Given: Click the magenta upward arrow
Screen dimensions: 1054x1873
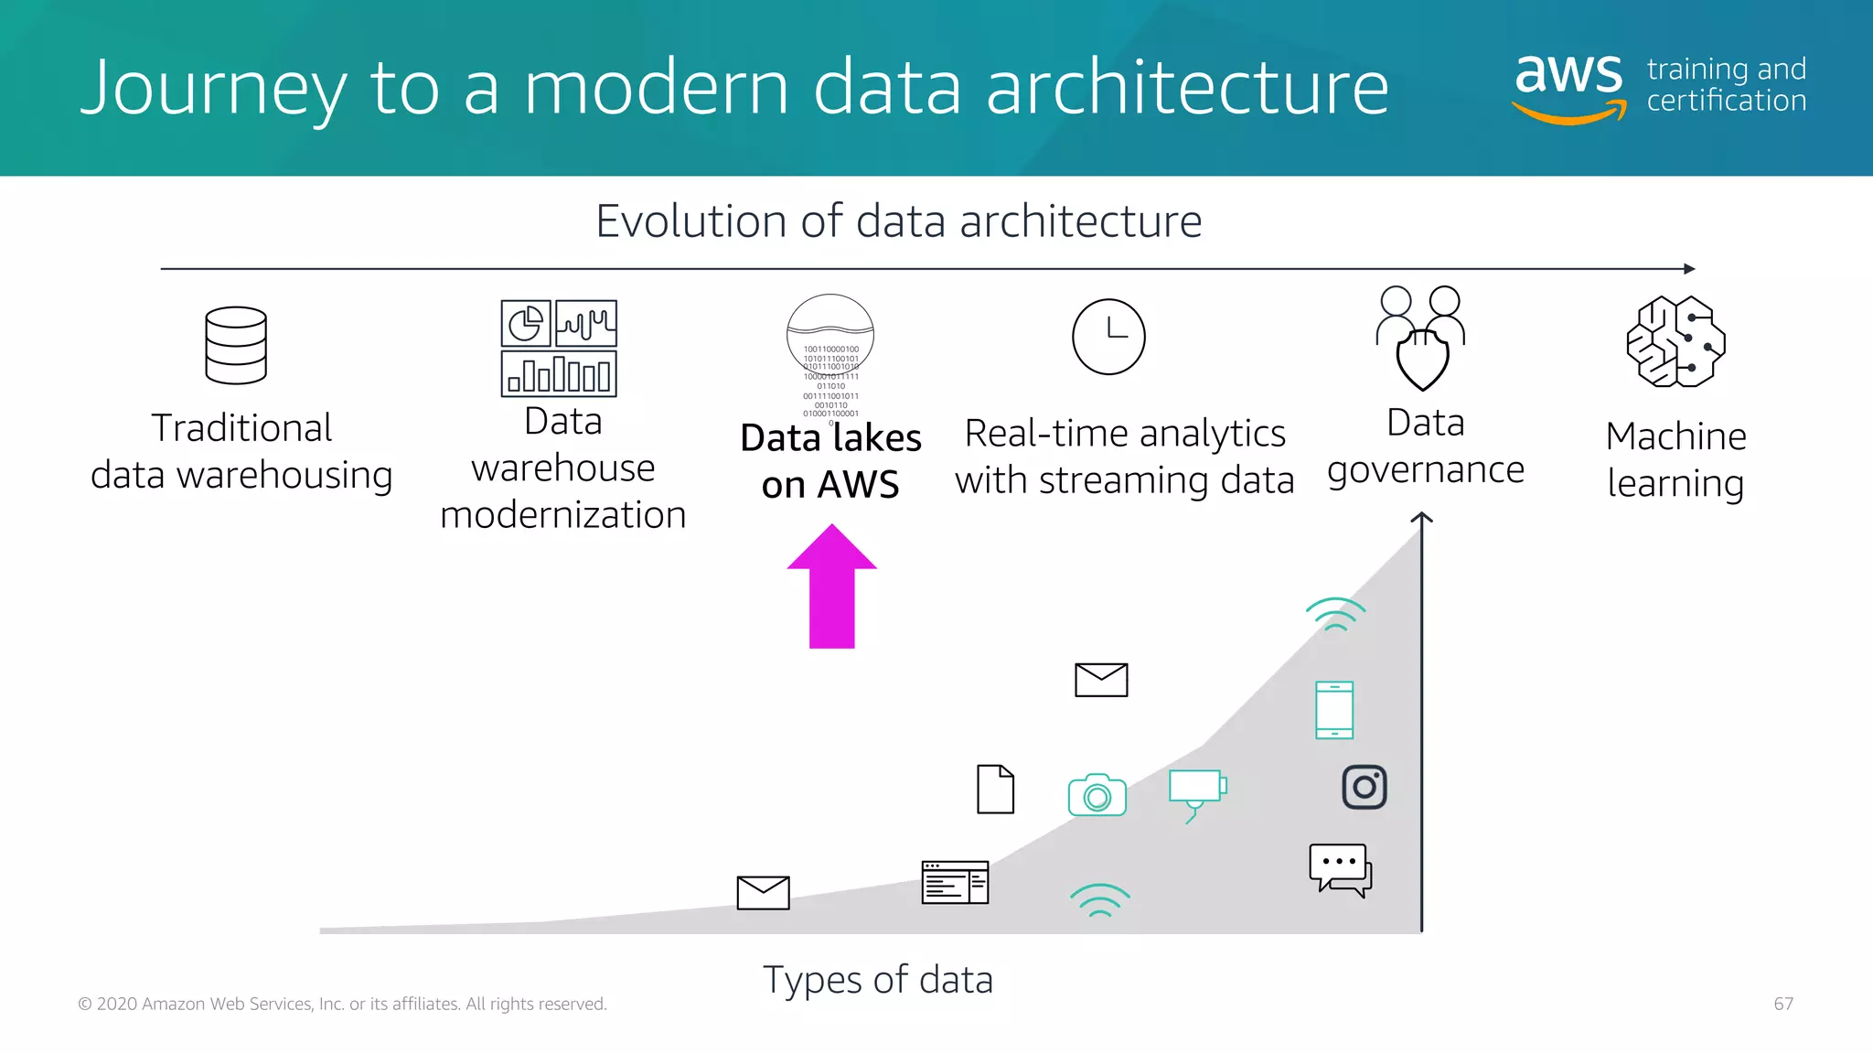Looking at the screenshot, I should [x=831, y=588].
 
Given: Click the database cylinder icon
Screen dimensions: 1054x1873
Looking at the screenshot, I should [x=236, y=345].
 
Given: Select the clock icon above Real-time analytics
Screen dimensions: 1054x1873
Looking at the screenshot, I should [x=1108, y=336].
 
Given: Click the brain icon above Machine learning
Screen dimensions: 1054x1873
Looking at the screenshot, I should [x=1675, y=341].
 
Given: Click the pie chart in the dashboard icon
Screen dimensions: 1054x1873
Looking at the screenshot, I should [x=526, y=323].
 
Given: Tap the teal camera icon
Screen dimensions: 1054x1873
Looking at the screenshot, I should [x=1097, y=795].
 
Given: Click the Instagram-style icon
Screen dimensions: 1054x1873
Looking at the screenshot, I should [x=1364, y=787].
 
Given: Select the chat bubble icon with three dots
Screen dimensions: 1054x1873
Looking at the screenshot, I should [x=1339, y=868].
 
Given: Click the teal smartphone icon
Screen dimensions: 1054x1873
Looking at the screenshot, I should [x=1334, y=710].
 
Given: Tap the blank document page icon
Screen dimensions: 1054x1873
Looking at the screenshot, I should [x=995, y=789].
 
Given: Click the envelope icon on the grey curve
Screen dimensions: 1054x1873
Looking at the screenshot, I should [x=763, y=892].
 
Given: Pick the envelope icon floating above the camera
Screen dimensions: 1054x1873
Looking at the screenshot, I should [x=1101, y=680].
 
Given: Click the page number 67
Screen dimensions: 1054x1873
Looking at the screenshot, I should [x=1783, y=1004].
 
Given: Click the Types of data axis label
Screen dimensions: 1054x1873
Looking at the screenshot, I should [x=877, y=980].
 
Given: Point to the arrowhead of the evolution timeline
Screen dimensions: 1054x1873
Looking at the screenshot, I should [x=1689, y=269].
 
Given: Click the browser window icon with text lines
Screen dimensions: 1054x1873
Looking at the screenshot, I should [x=955, y=882].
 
